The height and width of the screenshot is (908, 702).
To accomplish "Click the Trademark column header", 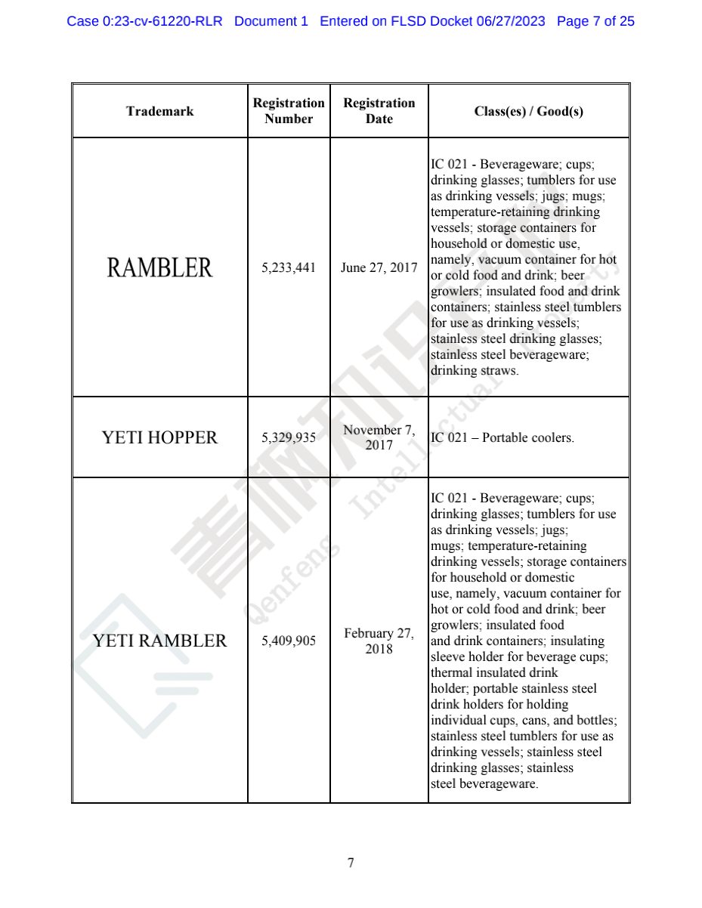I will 159,112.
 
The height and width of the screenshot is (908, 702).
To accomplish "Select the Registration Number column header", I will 289,111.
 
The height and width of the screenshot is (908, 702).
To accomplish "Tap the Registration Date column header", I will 379,111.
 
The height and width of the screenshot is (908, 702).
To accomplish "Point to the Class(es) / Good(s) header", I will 528,112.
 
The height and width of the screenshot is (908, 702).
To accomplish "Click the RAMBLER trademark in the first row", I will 159,267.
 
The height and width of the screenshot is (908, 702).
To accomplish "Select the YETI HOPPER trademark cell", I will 159,437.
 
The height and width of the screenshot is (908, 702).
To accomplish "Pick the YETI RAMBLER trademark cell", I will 159,641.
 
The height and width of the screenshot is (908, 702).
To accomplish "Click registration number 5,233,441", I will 289,267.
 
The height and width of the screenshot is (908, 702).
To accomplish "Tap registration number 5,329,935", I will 289,437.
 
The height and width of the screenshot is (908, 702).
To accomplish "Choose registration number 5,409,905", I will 289,641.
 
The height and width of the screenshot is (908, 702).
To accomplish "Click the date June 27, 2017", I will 379,267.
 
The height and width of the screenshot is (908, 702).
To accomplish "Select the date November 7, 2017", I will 379,437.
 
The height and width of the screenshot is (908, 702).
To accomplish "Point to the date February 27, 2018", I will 379,641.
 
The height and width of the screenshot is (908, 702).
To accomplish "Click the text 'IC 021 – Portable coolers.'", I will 502,438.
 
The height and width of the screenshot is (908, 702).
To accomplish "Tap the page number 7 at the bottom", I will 351,863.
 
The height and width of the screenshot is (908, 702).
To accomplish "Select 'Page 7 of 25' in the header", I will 595,21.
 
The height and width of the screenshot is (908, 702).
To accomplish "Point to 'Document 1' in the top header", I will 271,21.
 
